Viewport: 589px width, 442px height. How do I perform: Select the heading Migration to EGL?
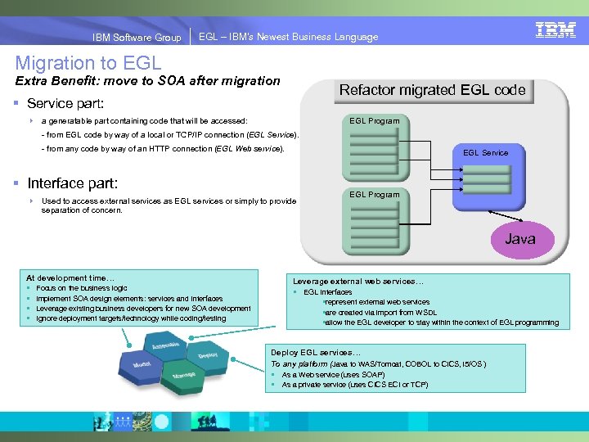coord(88,62)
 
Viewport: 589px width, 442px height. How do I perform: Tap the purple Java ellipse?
coord(519,239)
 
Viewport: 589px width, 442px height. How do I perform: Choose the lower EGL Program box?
coord(375,223)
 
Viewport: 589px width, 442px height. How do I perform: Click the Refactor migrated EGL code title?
coord(432,90)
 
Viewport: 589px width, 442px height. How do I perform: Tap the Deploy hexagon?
coord(207,355)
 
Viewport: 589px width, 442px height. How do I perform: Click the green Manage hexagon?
coord(183,376)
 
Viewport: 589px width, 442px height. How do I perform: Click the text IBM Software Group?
coord(137,37)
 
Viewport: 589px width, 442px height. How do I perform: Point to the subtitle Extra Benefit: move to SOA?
coord(148,81)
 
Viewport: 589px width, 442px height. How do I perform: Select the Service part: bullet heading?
coord(65,104)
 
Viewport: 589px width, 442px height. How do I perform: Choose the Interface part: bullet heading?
coord(73,183)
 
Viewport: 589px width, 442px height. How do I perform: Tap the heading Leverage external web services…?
coord(358,282)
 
